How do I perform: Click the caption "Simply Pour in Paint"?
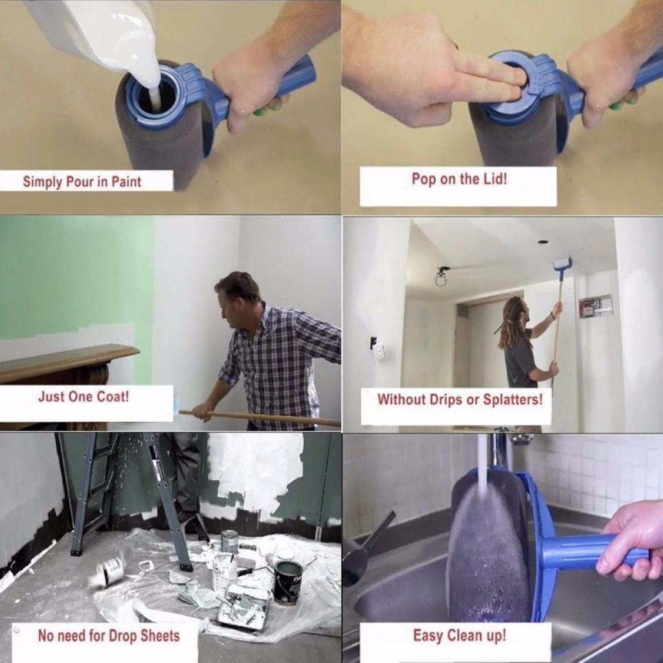coord(82,181)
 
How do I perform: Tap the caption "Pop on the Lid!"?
coord(459,179)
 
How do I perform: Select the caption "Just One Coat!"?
coord(84,396)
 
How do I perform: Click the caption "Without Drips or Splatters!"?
coord(460,399)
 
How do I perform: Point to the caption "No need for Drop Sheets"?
coord(108,636)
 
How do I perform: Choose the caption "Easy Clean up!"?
coord(459,636)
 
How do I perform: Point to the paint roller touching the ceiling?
coord(562,264)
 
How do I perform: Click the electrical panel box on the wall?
coord(595,306)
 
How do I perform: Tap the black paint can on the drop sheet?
coord(288,581)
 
